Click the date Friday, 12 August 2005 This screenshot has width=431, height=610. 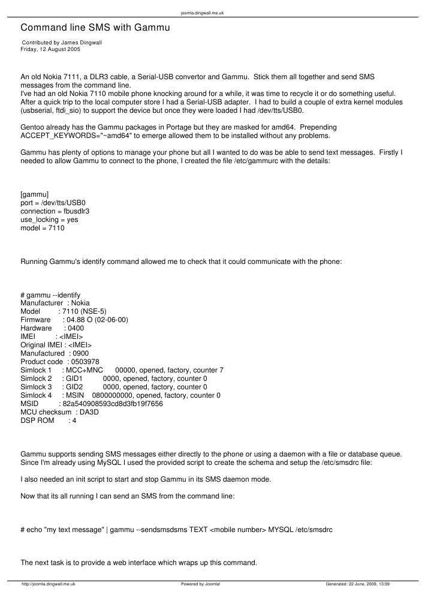click(50, 49)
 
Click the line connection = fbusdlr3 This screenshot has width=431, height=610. click(55, 212)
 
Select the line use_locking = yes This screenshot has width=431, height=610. click(49, 220)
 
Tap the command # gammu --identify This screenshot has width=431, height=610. click(50, 295)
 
